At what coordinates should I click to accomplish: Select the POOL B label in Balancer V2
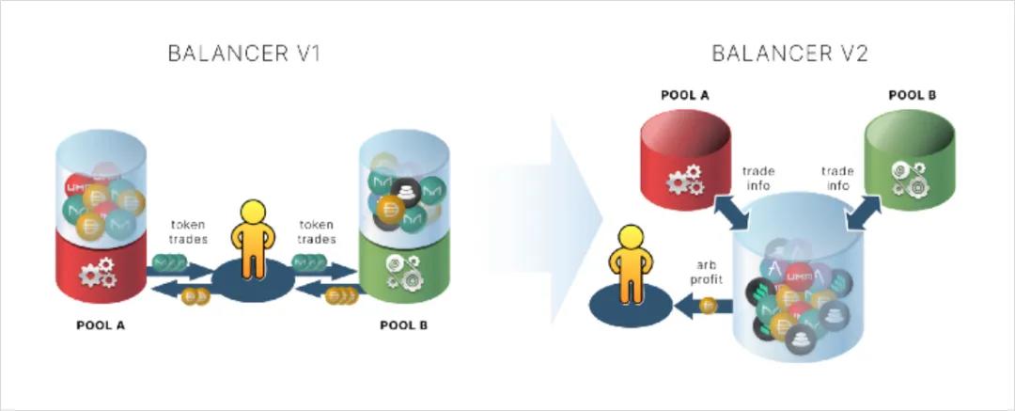click(912, 94)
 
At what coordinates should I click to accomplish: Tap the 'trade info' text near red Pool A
click(757, 178)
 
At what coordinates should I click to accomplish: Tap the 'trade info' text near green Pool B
click(837, 178)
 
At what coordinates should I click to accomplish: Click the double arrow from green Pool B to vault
click(866, 210)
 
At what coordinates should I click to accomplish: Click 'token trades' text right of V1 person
click(317, 232)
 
